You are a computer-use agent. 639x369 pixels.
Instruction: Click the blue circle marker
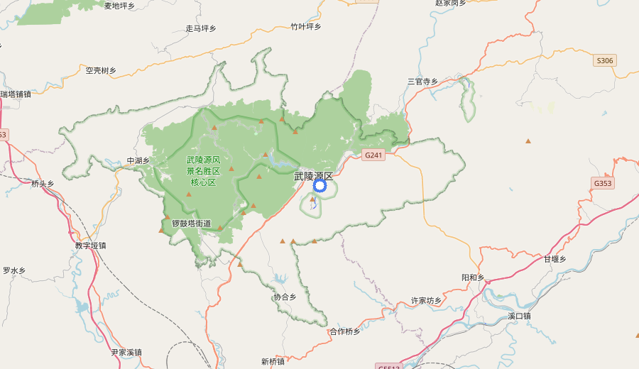319,186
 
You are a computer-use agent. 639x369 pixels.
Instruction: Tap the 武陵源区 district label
313,175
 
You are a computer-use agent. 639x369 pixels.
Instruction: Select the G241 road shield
373,155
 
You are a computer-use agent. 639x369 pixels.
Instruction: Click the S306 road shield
604,61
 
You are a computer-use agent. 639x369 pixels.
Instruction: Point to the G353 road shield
602,184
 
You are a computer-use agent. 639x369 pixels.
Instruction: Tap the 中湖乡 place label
138,160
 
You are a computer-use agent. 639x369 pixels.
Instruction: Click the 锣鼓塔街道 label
191,224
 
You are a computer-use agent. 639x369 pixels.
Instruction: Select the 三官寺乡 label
422,82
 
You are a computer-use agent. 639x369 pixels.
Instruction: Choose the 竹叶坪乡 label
306,27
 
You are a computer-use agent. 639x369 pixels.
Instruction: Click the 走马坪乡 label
200,28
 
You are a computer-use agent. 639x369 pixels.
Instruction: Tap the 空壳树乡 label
101,70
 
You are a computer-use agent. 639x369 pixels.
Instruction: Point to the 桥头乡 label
43,184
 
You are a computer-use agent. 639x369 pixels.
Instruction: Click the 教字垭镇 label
90,246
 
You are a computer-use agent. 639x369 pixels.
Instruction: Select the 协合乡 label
285,297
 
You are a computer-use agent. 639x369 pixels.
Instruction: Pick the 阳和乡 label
472,277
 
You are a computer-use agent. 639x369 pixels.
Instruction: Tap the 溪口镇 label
519,316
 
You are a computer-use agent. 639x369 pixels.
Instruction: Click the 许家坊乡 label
426,301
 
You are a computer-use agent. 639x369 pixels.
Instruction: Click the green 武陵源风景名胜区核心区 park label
203,171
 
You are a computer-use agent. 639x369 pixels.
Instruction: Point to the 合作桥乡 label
345,331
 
